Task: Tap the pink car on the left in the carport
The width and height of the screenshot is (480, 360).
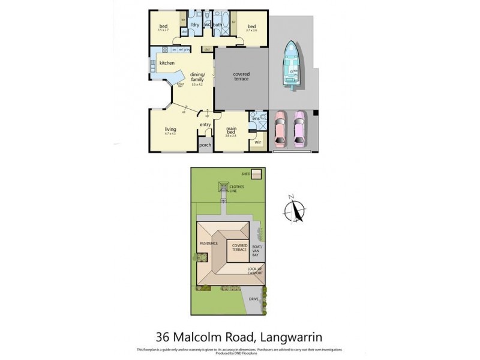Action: pyautogui.click(x=280, y=129)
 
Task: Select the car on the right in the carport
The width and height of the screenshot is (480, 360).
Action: pyautogui.click(x=299, y=129)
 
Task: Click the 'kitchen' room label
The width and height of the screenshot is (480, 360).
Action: pyautogui.click(x=167, y=63)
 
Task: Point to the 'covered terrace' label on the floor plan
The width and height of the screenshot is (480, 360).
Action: pyautogui.click(x=241, y=76)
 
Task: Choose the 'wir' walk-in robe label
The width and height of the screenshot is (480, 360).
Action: pyautogui.click(x=257, y=142)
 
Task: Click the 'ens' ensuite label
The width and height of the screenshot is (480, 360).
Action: pyautogui.click(x=256, y=119)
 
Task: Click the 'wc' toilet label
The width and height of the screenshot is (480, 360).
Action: pyautogui.click(x=208, y=25)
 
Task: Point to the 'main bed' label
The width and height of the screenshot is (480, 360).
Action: pyautogui.click(x=232, y=130)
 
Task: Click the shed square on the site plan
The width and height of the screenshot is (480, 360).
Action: pyautogui.click(x=256, y=174)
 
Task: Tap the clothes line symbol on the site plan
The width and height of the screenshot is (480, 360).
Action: pyautogui.click(x=223, y=188)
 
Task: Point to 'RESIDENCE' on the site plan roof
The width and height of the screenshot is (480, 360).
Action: pyautogui.click(x=208, y=243)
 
